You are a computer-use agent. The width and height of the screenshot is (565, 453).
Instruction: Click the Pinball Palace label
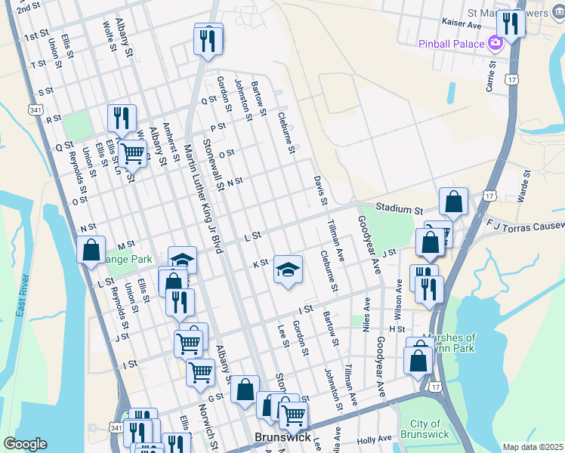point(451,44)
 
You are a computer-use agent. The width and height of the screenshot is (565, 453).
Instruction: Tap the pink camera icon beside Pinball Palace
point(496,43)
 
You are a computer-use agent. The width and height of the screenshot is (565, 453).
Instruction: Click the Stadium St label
point(399,208)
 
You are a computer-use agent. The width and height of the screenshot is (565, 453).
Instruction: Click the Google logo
point(25,444)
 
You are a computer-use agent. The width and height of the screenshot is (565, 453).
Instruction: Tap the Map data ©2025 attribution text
point(533,447)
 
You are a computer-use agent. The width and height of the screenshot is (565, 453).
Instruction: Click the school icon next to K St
point(287,269)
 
